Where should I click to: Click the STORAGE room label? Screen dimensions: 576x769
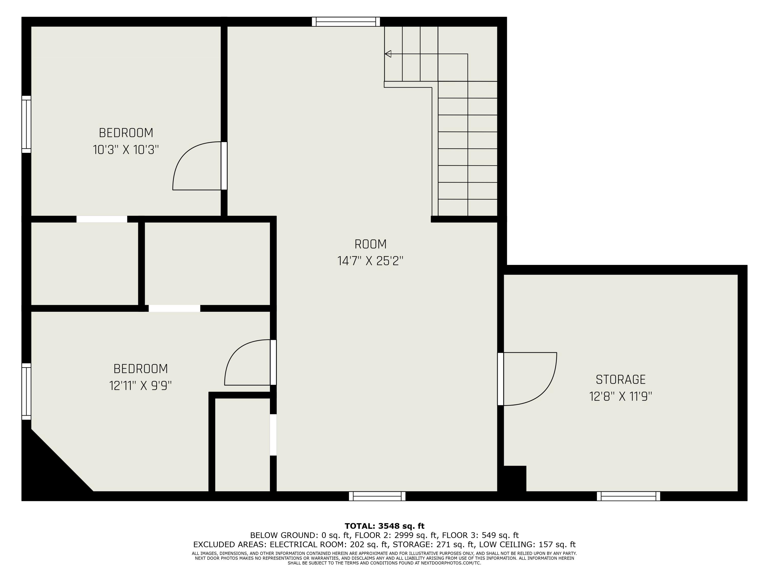[x=621, y=379]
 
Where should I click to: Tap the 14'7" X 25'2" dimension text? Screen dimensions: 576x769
[x=370, y=261]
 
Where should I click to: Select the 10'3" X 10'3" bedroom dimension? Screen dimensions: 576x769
[x=126, y=150]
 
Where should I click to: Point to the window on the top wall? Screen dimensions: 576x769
[x=346, y=22]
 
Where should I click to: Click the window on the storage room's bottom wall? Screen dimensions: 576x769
[x=628, y=496]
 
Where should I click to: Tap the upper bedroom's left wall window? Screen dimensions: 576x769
[x=26, y=124]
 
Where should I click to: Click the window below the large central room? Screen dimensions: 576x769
[x=377, y=496]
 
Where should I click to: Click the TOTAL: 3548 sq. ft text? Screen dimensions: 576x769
[x=384, y=526]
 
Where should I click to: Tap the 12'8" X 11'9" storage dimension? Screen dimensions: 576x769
[x=621, y=397]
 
